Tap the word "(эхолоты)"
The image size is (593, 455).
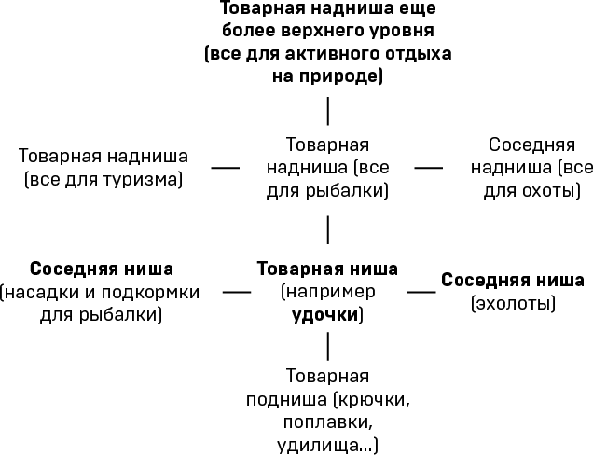(x=513, y=303)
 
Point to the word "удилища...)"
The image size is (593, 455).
(x=327, y=445)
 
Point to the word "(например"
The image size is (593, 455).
(x=327, y=292)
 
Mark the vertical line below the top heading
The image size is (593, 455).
(x=327, y=110)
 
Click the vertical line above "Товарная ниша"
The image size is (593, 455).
(x=327, y=228)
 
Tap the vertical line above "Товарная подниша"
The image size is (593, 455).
(x=327, y=346)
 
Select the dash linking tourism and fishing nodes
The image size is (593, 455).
(x=225, y=168)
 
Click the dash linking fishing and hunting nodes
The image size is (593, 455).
(x=428, y=168)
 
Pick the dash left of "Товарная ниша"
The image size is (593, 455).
(x=237, y=292)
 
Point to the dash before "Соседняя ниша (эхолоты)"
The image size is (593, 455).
(x=421, y=292)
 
